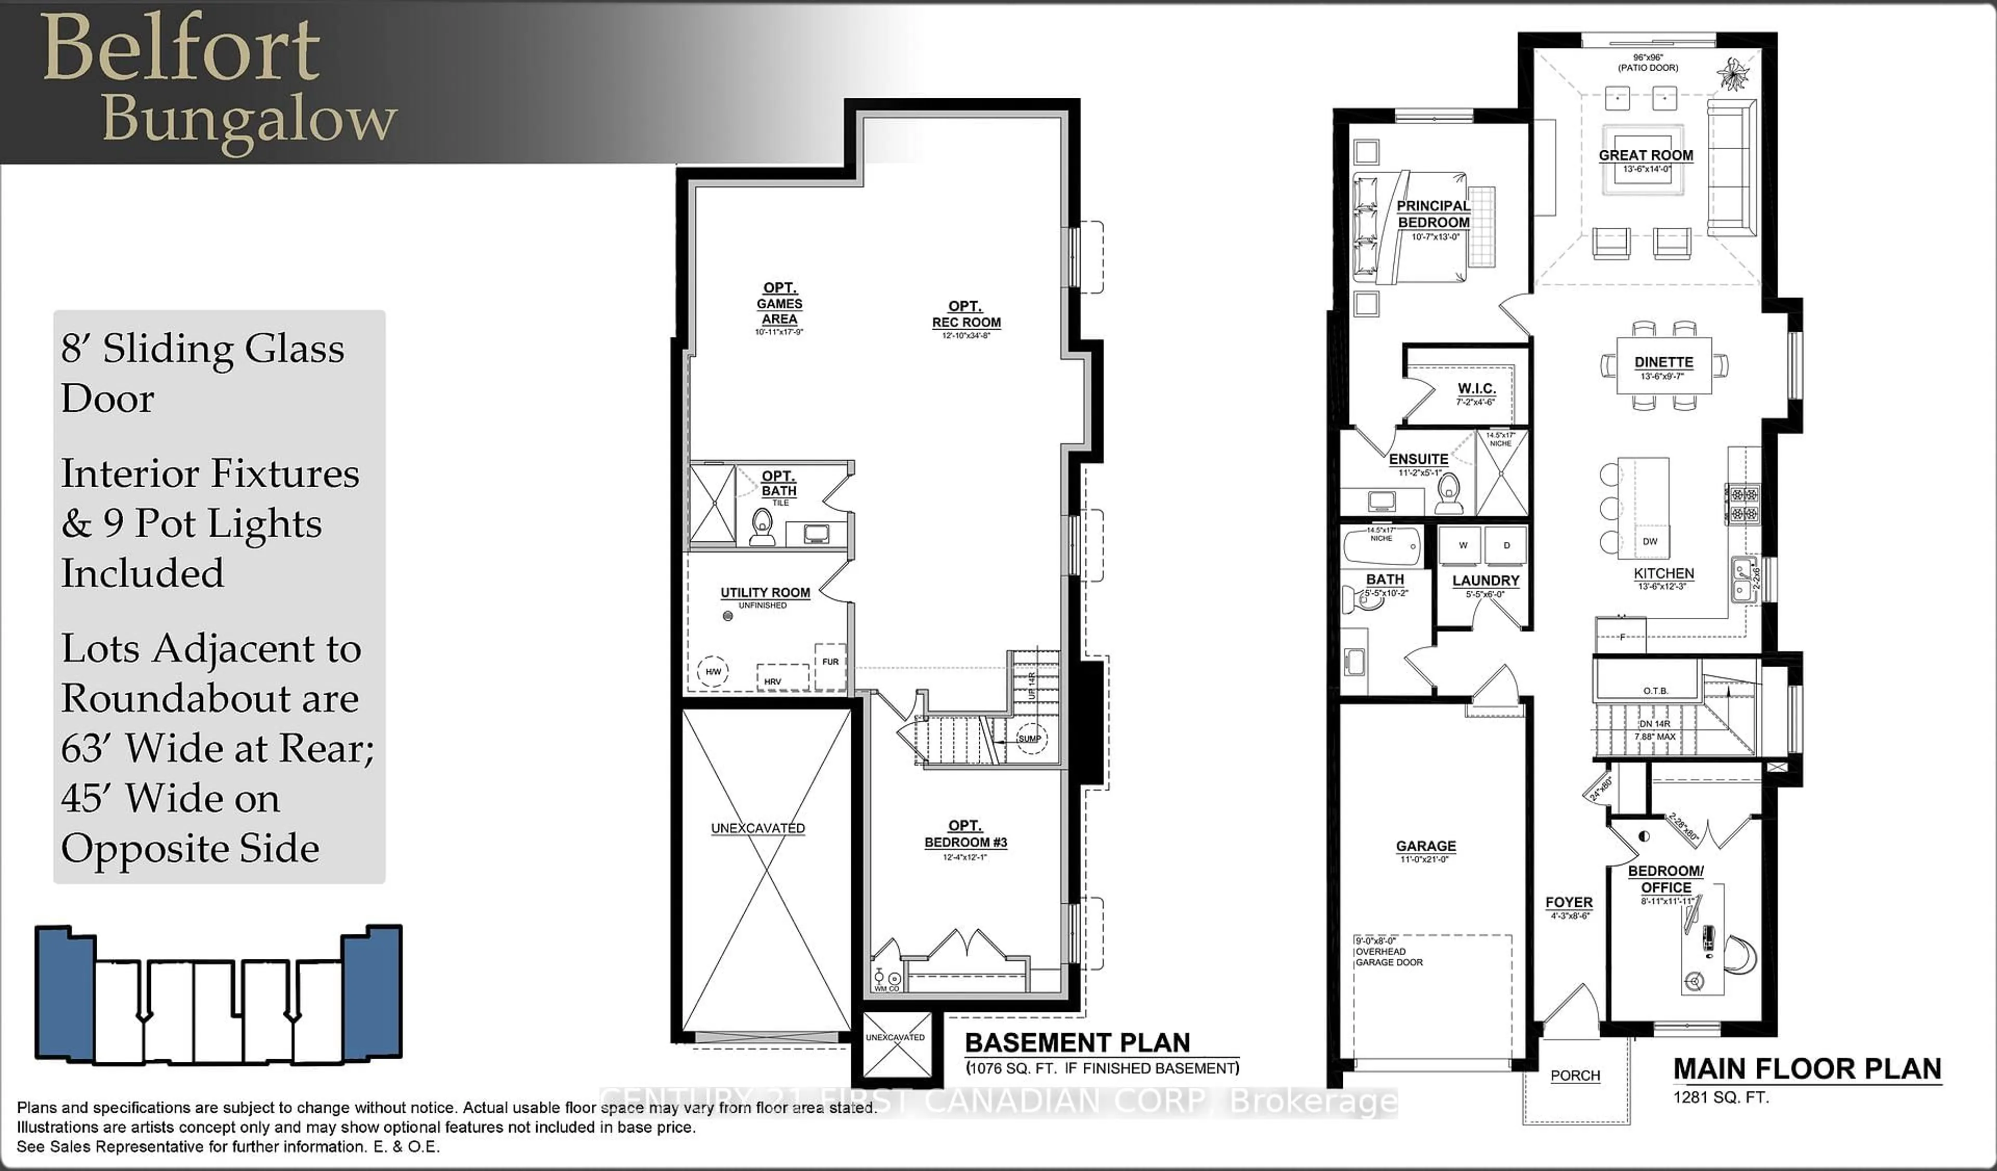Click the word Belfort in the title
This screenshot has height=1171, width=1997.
click(180, 49)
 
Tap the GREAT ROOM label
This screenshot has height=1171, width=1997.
click(1646, 156)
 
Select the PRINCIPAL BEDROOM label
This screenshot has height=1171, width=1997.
click(1433, 214)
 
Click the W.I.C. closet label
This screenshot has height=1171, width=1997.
click(1476, 389)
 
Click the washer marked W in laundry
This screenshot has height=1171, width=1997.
click(1463, 545)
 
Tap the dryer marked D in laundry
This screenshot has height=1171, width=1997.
click(1507, 545)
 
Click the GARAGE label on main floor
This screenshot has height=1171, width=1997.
click(1425, 846)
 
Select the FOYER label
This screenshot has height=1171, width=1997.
click(1568, 902)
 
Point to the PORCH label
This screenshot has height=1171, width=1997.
click(1575, 1076)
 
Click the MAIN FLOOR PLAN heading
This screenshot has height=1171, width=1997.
click(1807, 1069)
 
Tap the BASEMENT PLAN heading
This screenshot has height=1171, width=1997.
click(1077, 1043)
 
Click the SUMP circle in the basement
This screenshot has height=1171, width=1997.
click(1030, 738)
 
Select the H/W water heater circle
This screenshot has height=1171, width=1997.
click(713, 672)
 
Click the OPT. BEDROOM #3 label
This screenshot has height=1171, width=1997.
click(965, 834)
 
